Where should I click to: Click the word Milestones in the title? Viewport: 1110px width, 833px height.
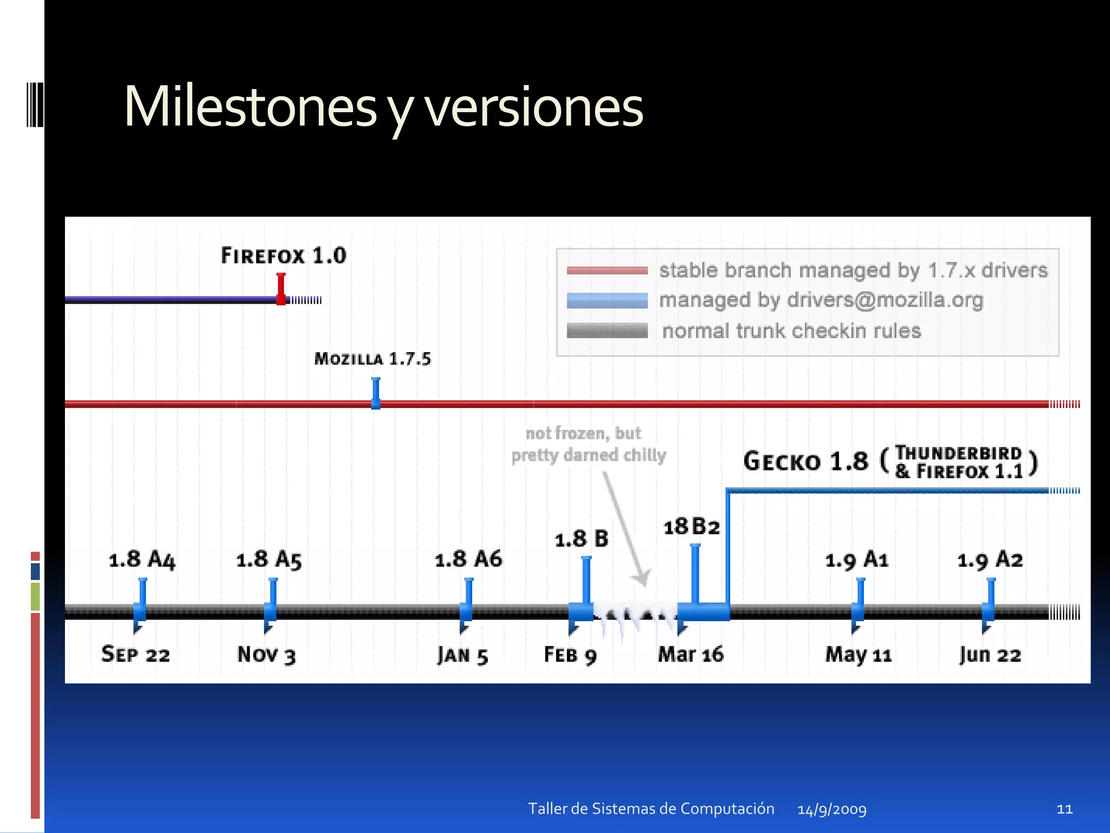(250, 107)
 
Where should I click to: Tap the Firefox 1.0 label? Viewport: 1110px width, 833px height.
(283, 255)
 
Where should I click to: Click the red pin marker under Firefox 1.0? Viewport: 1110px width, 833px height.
(281, 288)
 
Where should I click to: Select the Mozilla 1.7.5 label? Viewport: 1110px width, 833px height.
(372, 359)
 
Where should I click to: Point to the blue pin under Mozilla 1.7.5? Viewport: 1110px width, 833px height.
(376, 393)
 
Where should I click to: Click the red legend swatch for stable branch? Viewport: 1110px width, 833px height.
(607, 270)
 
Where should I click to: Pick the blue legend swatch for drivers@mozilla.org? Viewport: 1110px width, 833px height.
(607, 300)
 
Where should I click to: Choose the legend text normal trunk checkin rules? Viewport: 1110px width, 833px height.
(791, 331)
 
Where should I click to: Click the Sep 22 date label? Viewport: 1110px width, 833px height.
(135, 655)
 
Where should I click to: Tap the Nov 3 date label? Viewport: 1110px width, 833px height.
(266, 655)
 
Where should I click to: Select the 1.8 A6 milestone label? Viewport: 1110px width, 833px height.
(468, 559)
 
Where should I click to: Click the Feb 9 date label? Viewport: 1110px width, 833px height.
(570, 655)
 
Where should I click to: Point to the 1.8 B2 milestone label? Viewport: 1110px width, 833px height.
(692, 527)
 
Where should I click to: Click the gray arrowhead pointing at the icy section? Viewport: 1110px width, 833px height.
(642, 579)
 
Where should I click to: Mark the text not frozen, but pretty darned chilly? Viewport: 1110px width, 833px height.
(588, 444)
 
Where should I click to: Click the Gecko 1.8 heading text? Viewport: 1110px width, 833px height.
(805, 462)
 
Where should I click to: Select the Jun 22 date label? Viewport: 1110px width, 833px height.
(990, 655)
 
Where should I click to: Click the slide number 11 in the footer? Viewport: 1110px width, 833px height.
(1064, 809)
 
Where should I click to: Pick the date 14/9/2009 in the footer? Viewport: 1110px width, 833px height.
(832, 810)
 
